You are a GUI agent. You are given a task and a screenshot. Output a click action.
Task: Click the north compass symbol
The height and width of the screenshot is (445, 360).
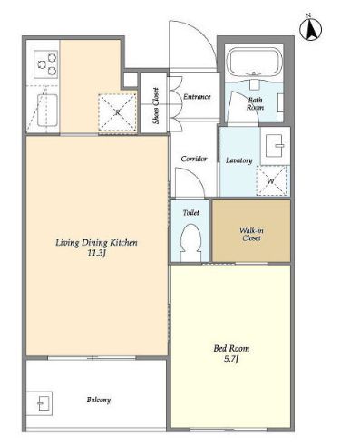(x=310, y=29)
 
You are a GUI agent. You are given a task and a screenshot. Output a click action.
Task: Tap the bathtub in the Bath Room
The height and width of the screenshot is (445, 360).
(x=254, y=63)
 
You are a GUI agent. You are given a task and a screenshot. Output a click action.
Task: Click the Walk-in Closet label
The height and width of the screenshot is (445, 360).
(x=251, y=234)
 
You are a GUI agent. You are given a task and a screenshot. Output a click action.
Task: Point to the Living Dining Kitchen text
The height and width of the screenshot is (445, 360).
(x=96, y=243)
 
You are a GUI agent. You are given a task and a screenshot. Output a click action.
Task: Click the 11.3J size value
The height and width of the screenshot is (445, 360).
(x=96, y=254)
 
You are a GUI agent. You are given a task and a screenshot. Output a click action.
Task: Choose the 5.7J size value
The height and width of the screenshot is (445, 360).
(x=231, y=359)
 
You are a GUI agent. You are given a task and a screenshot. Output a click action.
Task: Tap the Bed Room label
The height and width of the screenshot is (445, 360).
(x=231, y=348)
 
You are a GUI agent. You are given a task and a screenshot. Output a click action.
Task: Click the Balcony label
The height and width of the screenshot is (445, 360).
(x=99, y=400)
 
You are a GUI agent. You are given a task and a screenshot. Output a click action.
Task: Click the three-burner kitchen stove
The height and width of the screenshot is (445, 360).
(x=46, y=64)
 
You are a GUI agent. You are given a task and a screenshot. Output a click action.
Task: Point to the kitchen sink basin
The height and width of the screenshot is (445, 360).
(x=47, y=111)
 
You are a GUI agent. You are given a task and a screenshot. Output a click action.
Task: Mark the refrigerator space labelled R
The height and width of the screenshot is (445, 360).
(x=117, y=112)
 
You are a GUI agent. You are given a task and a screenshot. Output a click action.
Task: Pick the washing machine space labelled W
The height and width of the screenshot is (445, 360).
(x=271, y=181)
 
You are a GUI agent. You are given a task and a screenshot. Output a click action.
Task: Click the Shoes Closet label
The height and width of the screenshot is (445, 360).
(x=156, y=106)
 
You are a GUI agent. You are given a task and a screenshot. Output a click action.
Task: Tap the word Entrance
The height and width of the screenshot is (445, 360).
(x=197, y=97)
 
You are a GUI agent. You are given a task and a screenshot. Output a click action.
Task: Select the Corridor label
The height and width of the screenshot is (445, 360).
(x=194, y=159)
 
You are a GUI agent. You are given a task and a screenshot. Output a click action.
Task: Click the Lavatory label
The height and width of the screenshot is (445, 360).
(x=238, y=160)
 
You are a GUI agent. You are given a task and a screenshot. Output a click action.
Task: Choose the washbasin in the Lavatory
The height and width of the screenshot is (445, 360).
(x=275, y=146)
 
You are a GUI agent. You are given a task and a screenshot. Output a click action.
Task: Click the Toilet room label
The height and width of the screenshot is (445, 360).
(x=191, y=213)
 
